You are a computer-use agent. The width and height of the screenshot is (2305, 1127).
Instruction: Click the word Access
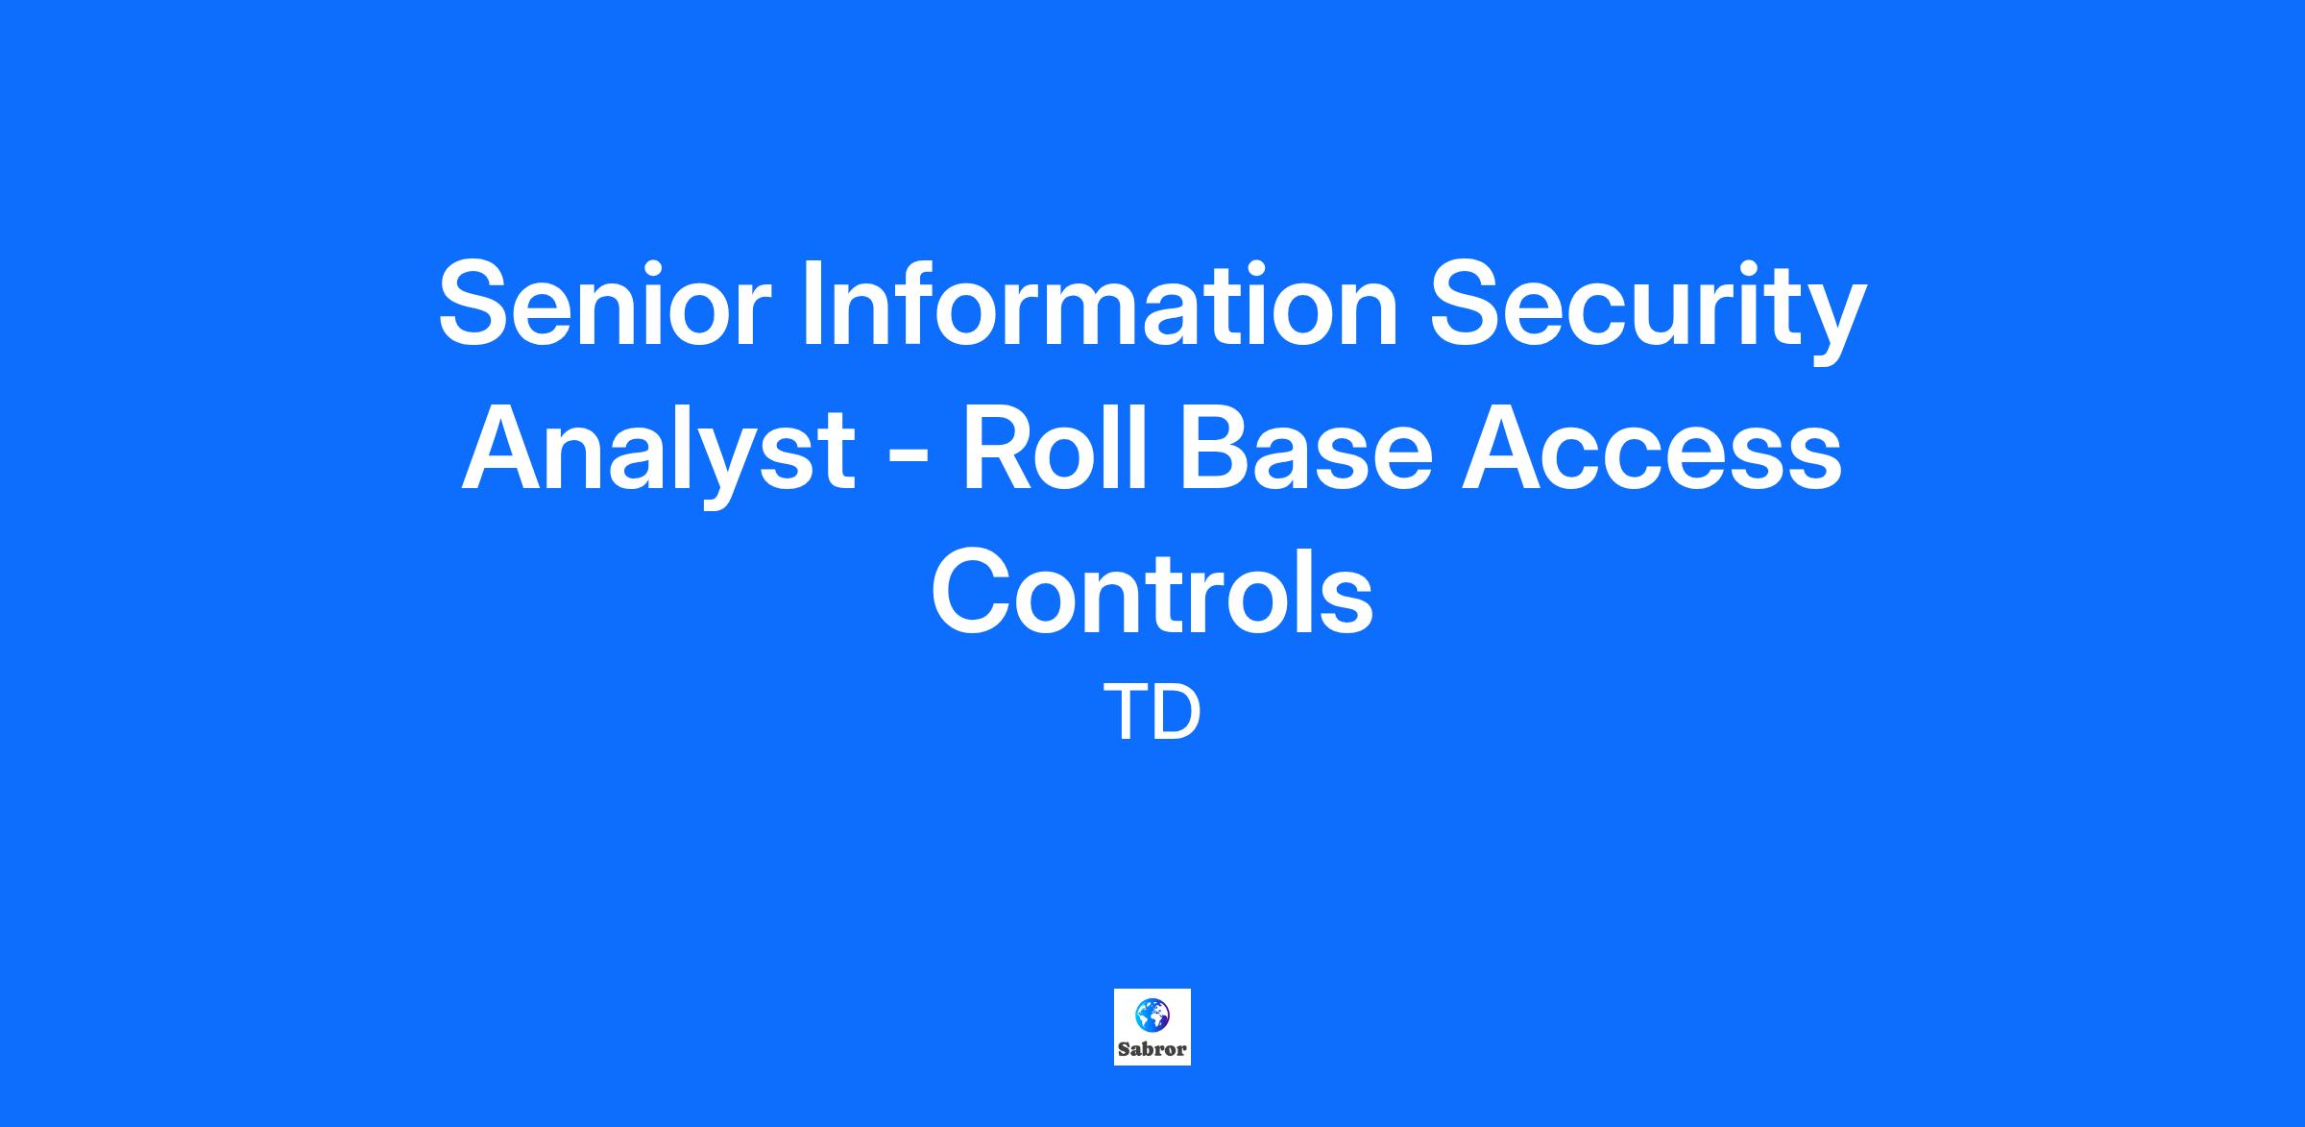[x=1653, y=448]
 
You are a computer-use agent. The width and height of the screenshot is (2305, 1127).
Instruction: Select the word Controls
[x=1152, y=591]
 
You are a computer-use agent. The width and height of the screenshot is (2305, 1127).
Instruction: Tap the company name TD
[x=1152, y=712]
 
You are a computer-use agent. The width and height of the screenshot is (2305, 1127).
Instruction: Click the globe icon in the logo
[x=1152, y=1014]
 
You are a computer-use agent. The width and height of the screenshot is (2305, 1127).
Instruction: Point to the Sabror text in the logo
[x=1152, y=1049]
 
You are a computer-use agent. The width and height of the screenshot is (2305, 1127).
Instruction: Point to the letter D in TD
[x=1178, y=712]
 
